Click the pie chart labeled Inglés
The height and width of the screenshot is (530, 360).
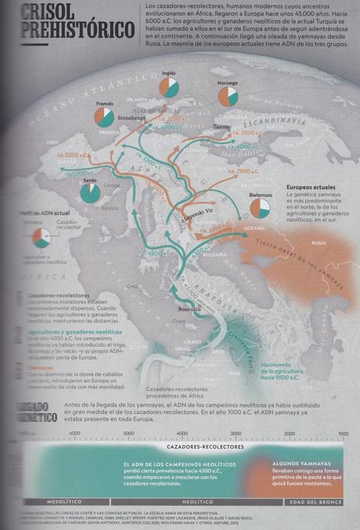point(169,87)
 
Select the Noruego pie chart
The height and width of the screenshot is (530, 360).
point(228,96)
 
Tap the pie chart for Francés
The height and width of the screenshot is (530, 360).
point(104,117)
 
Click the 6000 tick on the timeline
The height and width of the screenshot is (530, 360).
point(74,432)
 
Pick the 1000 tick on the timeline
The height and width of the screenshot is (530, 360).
point(343,432)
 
